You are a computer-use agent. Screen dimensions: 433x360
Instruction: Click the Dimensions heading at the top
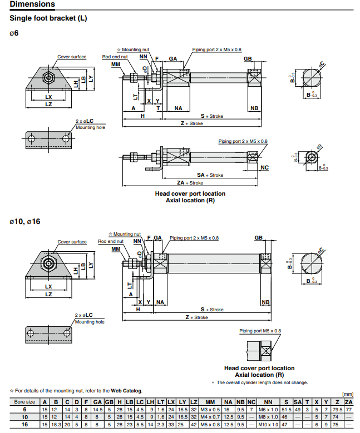click(x=32, y=4)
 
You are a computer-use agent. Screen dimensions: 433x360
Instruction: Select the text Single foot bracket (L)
click(x=48, y=18)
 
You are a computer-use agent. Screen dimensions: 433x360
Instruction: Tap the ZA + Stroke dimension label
click(x=190, y=183)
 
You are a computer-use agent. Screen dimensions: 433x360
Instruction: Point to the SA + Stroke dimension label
click(x=210, y=175)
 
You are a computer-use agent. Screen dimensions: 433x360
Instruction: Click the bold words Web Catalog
click(x=126, y=391)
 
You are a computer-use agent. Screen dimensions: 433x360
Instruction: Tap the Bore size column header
click(x=24, y=401)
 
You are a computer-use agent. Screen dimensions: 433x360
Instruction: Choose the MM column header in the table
click(x=210, y=401)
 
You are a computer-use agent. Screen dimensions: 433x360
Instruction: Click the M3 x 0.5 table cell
click(x=210, y=409)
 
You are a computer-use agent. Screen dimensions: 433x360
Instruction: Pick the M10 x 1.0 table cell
click(x=268, y=424)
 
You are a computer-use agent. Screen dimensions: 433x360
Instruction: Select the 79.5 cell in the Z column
click(x=337, y=409)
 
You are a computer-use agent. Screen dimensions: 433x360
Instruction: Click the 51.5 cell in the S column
click(x=287, y=409)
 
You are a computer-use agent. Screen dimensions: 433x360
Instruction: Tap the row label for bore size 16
click(x=24, y=424)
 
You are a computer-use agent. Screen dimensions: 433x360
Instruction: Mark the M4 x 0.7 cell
click(x=210, y=416)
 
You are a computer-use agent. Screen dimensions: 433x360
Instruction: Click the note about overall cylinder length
click(x=261, y=382)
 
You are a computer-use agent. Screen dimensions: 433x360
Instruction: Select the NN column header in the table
click(x=268, y=401)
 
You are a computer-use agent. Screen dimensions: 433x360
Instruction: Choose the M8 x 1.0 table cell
click(x=268, y=416)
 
